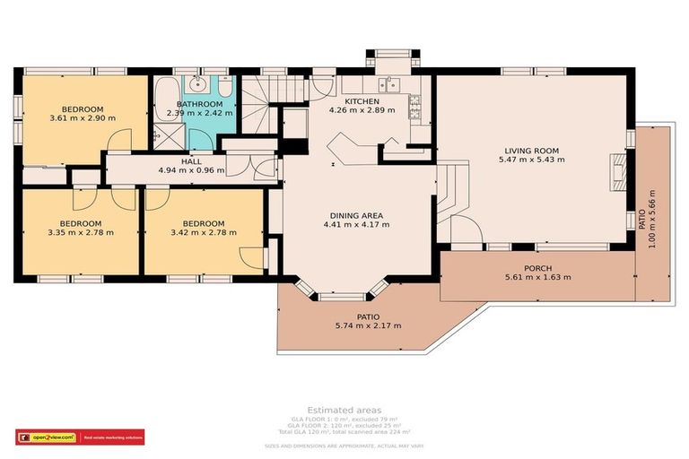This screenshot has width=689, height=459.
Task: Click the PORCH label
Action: [538, 268]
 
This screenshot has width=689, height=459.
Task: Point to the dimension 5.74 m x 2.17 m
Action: [368, 325]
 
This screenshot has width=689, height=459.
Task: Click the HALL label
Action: [191, 160]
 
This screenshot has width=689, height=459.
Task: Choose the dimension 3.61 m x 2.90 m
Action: [83, 117]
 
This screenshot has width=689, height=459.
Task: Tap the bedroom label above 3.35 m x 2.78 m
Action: [81, 223]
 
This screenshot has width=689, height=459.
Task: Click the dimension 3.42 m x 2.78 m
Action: [203, 233]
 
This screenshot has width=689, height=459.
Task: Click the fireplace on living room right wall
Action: [617, 168]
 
